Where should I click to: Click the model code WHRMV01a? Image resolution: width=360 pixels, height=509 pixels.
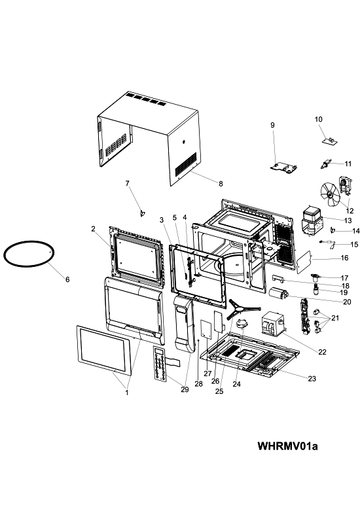coord(287,446)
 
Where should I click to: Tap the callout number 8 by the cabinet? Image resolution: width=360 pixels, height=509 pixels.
coord(221,184)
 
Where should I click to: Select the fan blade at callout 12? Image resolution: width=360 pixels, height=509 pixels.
coord(330,194)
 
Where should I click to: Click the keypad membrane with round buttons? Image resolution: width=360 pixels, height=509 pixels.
coord(160,362)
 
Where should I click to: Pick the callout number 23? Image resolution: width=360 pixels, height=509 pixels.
coord(312,379)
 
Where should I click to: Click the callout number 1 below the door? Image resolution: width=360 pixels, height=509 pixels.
coord(127,393)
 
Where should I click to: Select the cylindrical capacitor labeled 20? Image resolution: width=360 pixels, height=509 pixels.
coord(279,293)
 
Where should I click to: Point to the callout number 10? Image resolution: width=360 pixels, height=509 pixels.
coord(318,119)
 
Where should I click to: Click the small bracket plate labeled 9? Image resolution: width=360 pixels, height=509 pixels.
coord(284,167)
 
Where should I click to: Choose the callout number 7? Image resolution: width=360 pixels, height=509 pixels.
coord(127,183)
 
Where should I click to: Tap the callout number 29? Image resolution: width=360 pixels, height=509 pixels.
coord(185,389)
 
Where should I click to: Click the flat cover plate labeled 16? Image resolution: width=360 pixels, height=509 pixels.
coord(304,262)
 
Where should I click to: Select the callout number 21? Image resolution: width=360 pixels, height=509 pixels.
coord(335,318)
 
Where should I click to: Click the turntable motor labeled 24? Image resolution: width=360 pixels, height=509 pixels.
coord(242,325)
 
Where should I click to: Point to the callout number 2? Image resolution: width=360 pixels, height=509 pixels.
coord(93,229)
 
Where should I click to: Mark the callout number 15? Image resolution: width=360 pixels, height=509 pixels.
coord(354,244)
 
